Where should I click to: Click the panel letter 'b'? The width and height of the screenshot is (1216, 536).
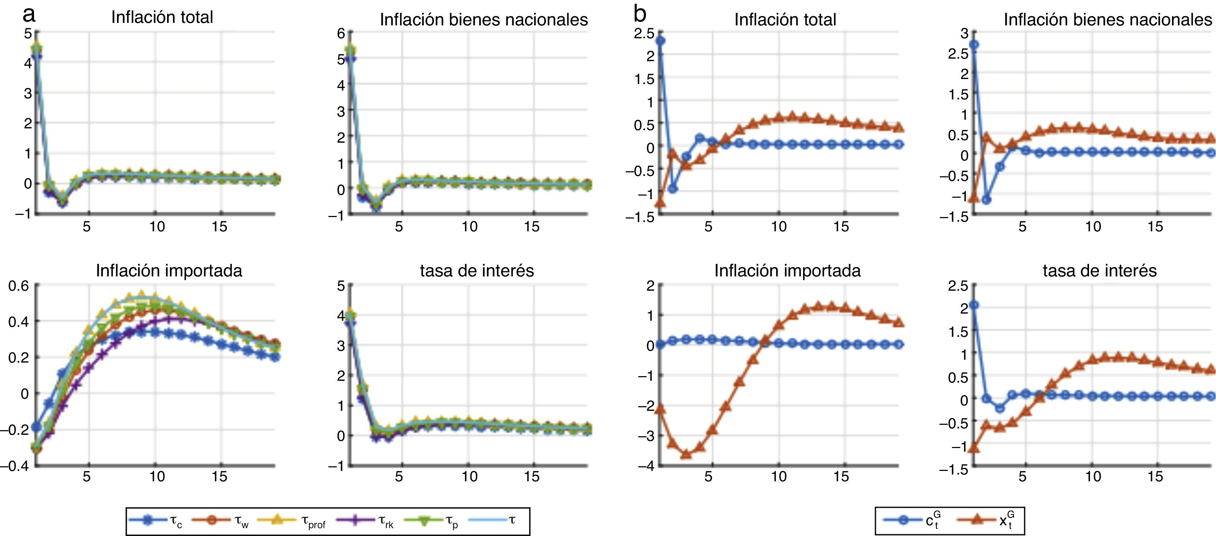coord(640,15)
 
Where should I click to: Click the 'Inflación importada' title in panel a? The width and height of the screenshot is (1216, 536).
coord(169,271)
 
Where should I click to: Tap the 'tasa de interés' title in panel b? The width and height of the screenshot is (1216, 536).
coord(1099,271)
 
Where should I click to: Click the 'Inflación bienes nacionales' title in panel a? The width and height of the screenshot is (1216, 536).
coord(484,20)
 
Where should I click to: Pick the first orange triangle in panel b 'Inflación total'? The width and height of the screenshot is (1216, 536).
coord(660,203)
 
